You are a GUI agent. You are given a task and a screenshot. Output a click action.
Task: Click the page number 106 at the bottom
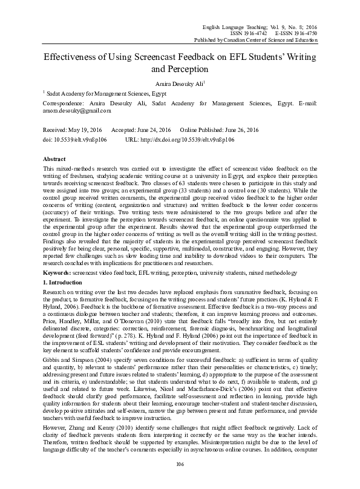pos(180,481)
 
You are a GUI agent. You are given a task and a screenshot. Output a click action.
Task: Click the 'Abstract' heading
pos(55,157)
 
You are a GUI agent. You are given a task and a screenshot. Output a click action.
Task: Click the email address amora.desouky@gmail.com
pos(77,111)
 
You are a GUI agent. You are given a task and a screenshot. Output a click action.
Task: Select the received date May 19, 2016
pos(84,130)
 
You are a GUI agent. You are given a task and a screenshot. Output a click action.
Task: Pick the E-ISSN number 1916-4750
pos(304,17)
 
